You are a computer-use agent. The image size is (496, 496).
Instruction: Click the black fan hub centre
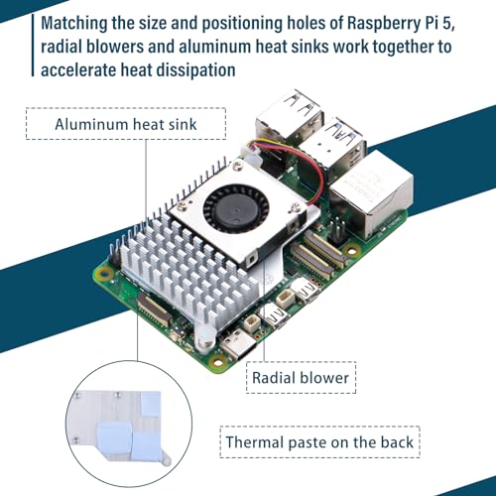(x=236, y=209)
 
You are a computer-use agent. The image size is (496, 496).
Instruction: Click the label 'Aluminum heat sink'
(x=126, y=124)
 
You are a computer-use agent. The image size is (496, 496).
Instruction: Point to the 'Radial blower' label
(x=301, y=378)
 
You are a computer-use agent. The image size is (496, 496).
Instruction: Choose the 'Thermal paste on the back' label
(x=319, y=442)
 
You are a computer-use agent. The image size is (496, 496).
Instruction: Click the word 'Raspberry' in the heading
(x=384, y=24)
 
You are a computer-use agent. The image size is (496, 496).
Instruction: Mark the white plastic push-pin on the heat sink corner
(x=205, y=336)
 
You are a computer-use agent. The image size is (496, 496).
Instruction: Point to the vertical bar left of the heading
(x=33, y=46)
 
